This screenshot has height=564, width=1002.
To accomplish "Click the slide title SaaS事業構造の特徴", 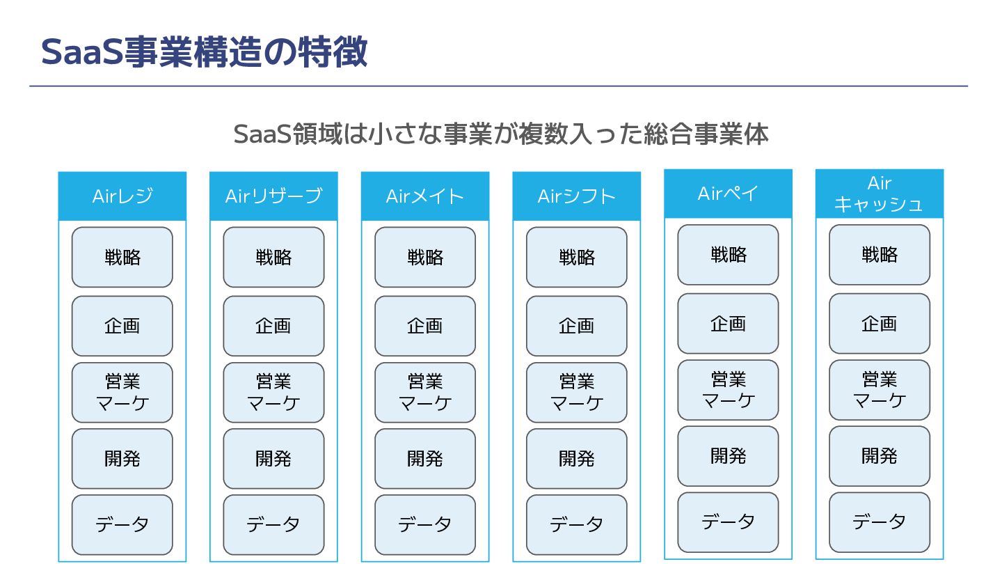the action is point(204,52).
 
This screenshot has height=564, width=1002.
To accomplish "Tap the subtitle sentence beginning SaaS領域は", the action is point(501,134).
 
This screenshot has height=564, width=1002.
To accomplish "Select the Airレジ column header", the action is point(122,196).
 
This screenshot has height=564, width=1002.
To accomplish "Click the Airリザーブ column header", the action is point(273,196).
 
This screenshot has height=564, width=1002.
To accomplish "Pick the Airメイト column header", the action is point(425,196).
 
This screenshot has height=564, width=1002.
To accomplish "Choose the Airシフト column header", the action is point(577,196).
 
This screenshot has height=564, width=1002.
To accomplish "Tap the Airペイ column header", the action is point(728,194).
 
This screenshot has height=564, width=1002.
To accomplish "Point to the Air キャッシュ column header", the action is point(880,194).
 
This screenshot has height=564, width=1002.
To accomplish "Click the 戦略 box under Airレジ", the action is point(122,257).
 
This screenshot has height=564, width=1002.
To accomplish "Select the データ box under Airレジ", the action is point(122,524).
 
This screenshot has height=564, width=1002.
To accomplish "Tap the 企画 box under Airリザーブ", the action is point(273,326).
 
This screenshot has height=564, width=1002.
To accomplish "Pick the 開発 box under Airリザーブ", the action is point(273,458).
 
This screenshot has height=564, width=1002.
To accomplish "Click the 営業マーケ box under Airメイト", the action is point(425,392).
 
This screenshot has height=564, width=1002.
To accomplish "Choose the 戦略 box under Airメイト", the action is point(425,257).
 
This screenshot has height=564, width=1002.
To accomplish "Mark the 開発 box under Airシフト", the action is point(577,458).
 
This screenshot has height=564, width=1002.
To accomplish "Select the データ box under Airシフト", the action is point(577,524).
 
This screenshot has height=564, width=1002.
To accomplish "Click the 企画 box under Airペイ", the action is point(728,323).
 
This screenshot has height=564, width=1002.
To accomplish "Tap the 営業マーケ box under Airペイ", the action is point(728,389).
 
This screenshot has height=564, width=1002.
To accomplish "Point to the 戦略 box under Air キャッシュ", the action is point(880,254).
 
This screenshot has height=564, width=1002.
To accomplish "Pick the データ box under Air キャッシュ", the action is point(880,522).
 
